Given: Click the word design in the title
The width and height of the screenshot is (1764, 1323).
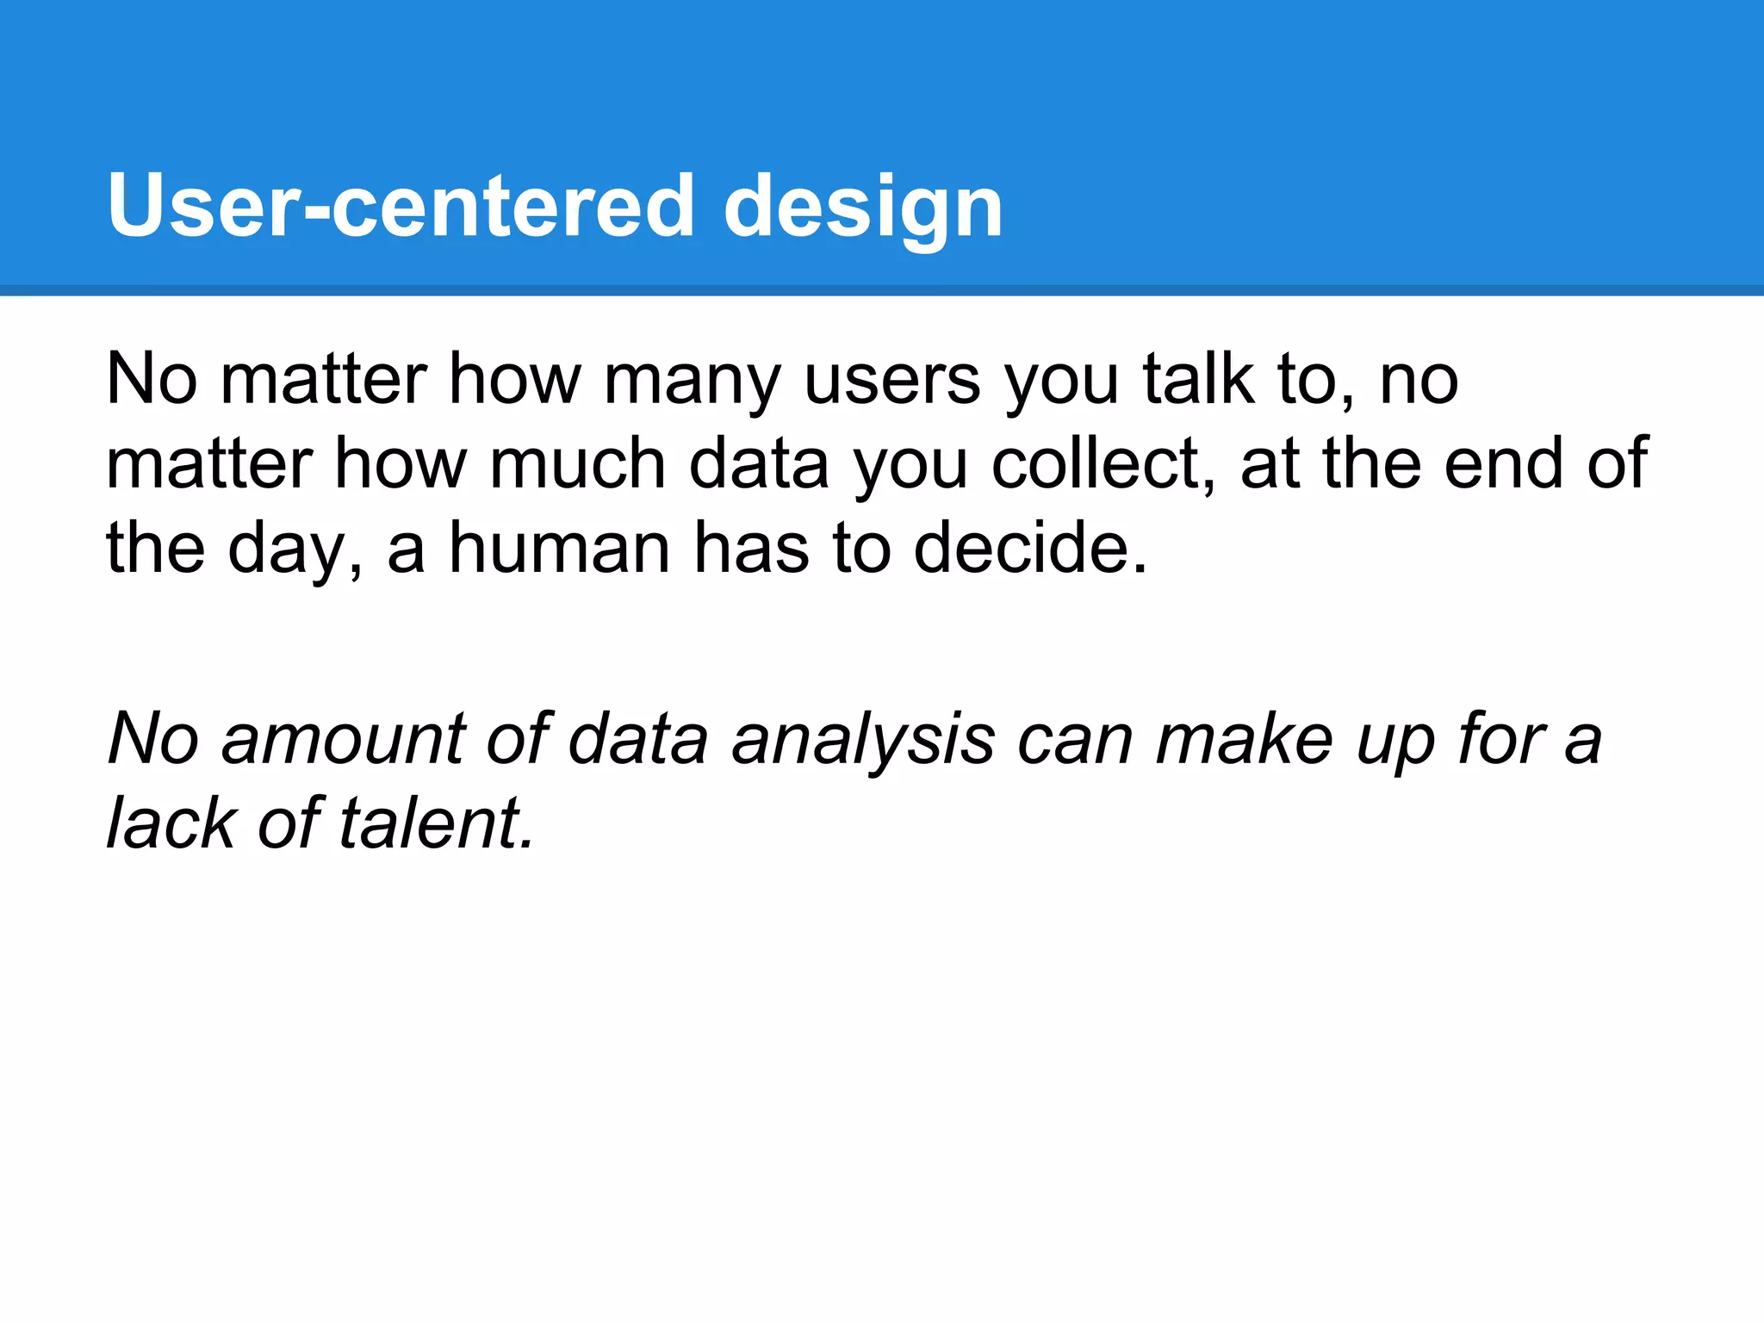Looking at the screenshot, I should click(x=863, y=207).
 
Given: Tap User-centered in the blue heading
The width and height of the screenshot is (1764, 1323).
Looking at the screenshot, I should click(x=401, y=207).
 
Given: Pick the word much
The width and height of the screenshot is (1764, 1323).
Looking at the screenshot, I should click(x=577, y=464).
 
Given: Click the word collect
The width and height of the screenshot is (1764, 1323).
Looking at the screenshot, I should click(x=1102, y=464).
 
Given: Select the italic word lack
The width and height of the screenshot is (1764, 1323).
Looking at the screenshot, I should click(x=171, y=824).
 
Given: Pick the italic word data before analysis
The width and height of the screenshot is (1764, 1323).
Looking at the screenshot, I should click(x=638, y=740).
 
